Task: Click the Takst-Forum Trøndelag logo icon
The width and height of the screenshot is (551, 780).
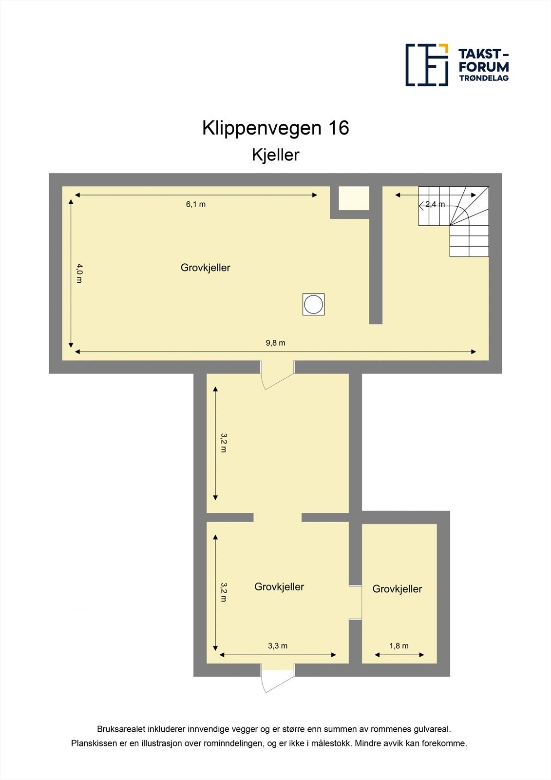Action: [427, 65]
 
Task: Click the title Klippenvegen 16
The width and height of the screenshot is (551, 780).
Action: [275, 128]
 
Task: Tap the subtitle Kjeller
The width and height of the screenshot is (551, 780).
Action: [275, 155]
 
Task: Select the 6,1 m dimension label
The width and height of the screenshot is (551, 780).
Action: [196, 204]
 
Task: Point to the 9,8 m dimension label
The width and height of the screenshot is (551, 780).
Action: [275, 343]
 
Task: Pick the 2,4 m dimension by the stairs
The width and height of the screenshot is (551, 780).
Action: [435, 204]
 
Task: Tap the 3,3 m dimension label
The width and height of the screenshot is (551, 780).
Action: [278, 646]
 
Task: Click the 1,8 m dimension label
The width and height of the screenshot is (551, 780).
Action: [399, 646]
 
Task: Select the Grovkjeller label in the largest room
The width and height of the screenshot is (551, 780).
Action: [205, 268]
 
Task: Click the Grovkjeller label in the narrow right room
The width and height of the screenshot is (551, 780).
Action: [397, 589]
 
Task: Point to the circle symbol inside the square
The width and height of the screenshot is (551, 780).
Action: [313, 304]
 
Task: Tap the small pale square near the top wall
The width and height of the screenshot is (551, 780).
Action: [354, 198]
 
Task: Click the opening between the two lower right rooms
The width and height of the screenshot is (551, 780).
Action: [355, 602]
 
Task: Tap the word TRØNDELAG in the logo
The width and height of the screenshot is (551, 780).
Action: [483, 78]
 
